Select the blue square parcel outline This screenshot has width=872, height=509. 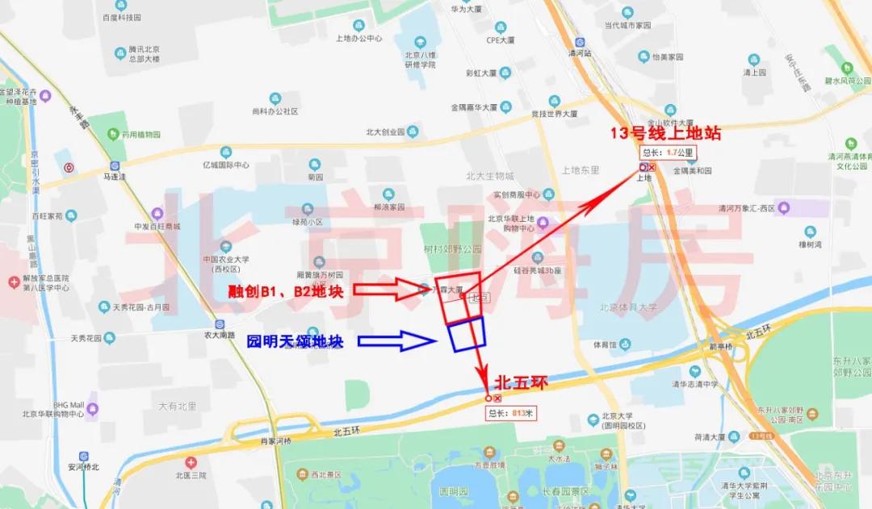pyautogui.click(x=467, y=334)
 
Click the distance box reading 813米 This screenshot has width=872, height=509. pyautogui.click(x=511, y=413)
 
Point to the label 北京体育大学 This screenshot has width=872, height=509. pyautogui.click(x=628, y=307)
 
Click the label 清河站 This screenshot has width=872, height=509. pyautogui.click(x=580, y=52)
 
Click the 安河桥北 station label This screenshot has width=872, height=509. pyautogui.click(x=84, y=466)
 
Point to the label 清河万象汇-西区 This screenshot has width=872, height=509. pyautogui.click(x=747, y=208)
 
